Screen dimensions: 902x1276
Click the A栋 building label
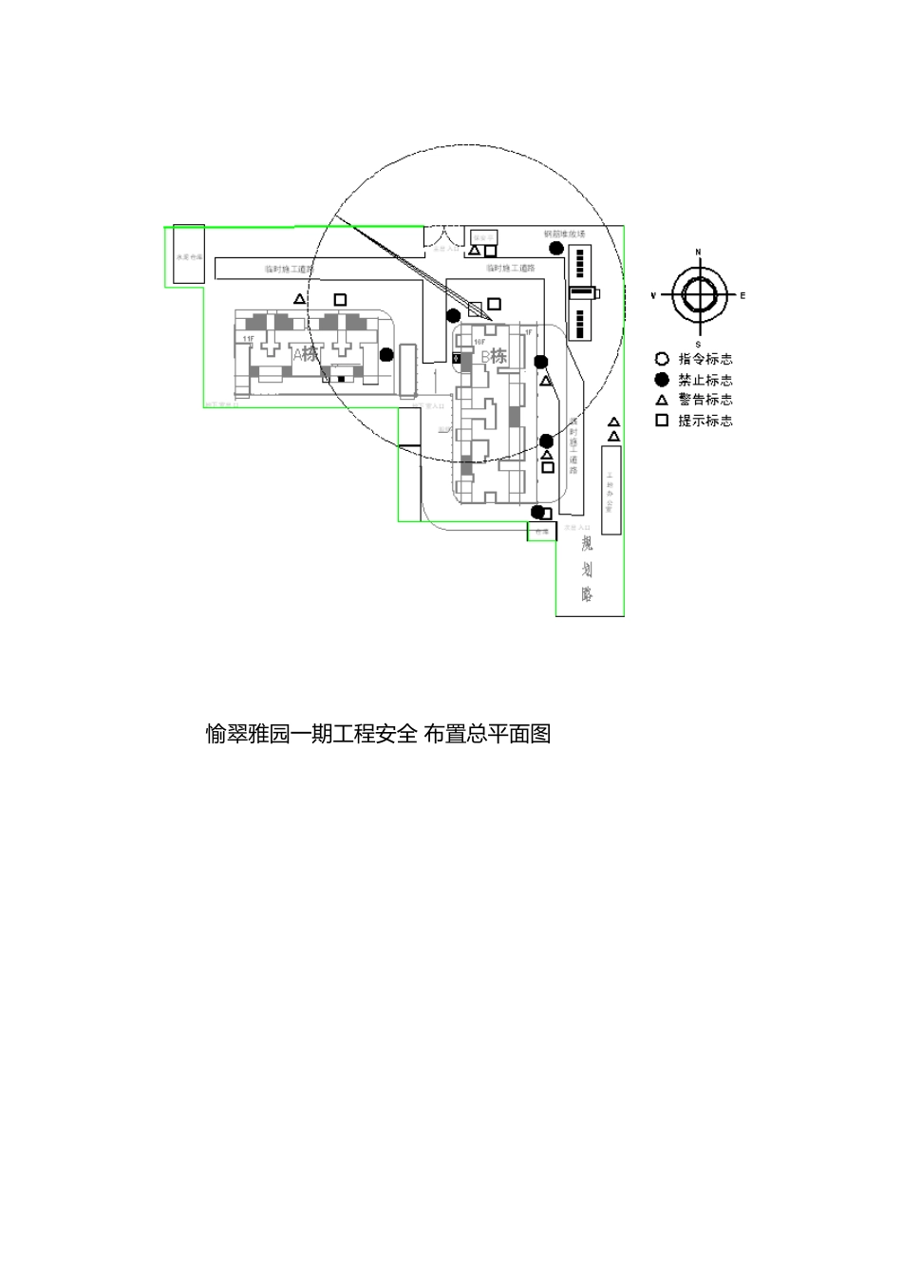pos(306,354)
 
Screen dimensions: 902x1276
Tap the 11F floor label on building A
pos(248,339)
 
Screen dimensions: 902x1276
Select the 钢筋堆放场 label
pos(564,234)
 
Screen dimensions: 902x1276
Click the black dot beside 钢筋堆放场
pos(555,248)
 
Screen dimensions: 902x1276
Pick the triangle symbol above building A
pos(300,299)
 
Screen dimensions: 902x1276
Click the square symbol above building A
pos(340,300)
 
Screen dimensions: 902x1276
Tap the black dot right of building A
pos(386,355)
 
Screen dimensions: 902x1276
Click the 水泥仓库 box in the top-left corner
pos(188,254)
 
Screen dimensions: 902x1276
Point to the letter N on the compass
pos(698,253)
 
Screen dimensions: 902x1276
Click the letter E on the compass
pos(742,296)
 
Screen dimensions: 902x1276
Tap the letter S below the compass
pos(698,344)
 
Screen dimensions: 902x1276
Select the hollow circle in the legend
pos(662,359)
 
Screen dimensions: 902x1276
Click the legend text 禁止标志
pos(705,380)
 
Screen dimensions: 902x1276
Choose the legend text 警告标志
pos(705,400)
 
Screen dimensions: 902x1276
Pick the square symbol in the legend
pos(662,420)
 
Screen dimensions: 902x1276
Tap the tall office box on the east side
pos(611,490)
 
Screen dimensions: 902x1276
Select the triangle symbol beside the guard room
pos(474,251)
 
